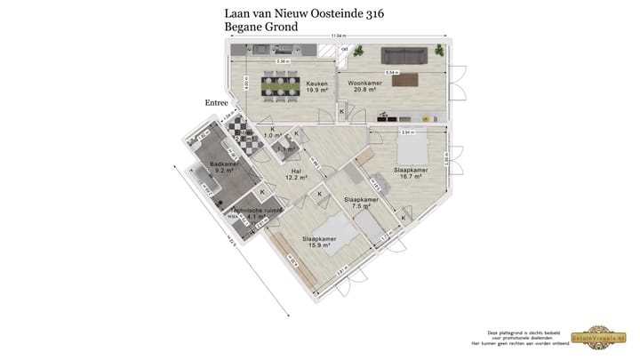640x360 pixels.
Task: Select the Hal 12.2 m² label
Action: (x=296, y=173)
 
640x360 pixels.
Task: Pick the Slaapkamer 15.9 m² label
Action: (x=319, y=243)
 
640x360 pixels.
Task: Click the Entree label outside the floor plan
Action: (x=217, y=103)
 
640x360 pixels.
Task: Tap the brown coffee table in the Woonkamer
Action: (x=405, y=82)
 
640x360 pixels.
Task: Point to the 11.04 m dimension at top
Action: (x=338, y=36)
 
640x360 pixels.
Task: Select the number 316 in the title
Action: (x=371, y=13)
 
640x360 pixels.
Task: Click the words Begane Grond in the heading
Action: (x=261, y=27)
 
